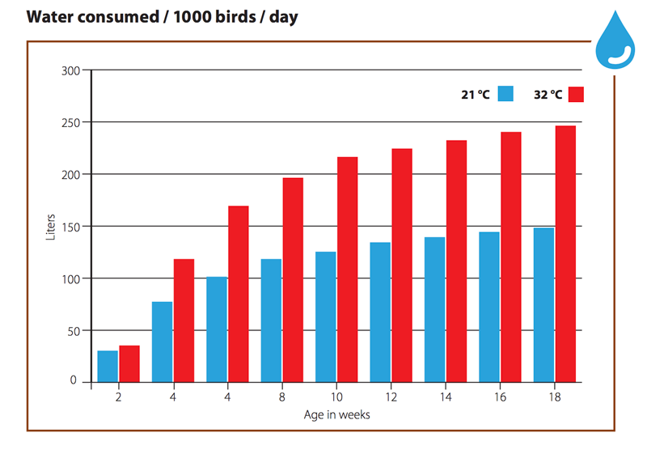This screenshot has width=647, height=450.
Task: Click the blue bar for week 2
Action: pyautogui.click(x=108, y=367)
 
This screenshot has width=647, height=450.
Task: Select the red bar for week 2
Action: pyautogui.click(x=129, y=363)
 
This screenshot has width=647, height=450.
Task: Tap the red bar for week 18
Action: pyautogui.click(x=565, y=254)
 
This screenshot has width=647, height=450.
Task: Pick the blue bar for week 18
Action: pyautogui.click(x=543, y=305)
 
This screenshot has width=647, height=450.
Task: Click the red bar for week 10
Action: pyautogui.click(x=348, y=270)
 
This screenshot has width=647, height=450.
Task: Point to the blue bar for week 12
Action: pyautogui.click(x=380, y=312)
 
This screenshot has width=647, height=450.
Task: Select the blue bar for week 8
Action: pyautogui.click(x=271, y=321)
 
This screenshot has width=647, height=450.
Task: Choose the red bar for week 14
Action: pyautogui.click(x=456, y=261)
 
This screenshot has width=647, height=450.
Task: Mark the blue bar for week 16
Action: pyautogui.click(x=489, y=308)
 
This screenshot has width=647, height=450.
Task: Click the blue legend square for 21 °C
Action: pyautogui.click(x=505, y=94)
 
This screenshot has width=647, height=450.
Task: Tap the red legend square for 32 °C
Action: pyautogui.click(x=576, y=94)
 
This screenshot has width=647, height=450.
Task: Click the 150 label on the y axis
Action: pyautogui.click(x=70, y=227)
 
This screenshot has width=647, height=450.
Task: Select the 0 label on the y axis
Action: pyautogui.click(x=73, y=380)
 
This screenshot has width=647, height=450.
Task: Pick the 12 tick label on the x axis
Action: pyautogui.click(x=391, y=397)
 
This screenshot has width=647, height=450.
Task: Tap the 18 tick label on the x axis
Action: pyautogui.click(x=555, y=397)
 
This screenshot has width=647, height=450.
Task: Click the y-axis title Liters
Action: pyautogui.click(x=50, y=227)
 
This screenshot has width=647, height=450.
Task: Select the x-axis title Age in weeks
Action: pyautogui.click(x=336, y=414)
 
